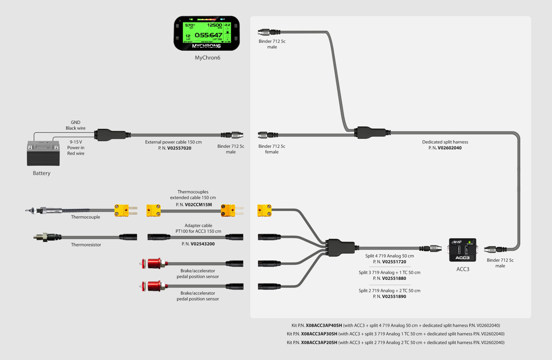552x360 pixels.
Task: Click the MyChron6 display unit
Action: pyautogui.click(x=207, y=33)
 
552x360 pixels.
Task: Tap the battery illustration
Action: pyautogui.click(x=43, y=153)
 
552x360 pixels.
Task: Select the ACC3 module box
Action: pyautogui.click(x=462, y=250)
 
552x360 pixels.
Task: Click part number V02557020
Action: pyautogui.click(x=179, y=148)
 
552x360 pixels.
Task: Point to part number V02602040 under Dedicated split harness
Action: pyautogui.click(x=449, y=148)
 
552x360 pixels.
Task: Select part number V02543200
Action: pyautogui.click(x=202, y=244)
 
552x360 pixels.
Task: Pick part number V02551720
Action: pyautogui.click(x=394, y=262)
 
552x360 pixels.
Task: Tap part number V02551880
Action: pyautogui.click(x=394, y=278)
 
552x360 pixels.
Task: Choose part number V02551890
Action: pyautogui.click(x=394, y=296)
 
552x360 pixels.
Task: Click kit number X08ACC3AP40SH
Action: pyautogui.click(x=324, y=325)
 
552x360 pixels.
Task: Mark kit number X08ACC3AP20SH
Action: pyautogui.click(x=319, y=342)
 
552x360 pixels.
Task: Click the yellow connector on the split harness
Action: pyautogui.click(x=264, y=210)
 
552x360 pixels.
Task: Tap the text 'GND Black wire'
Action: pyautogui.click(x=75, y=125)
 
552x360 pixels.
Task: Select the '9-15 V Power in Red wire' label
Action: pyautogui.click(x=76, y=148)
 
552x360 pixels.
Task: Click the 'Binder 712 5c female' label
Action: pyautogui.click(x=272, y=149)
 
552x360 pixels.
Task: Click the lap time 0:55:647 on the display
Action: pyautogui.click(x=209, y=35)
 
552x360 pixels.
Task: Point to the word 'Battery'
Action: pyautogui.click(x=42, y=173)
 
